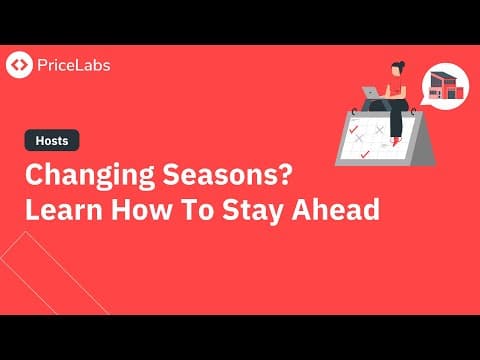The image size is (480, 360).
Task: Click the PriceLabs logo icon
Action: tap(19, 65)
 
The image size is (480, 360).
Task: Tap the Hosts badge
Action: tap(45, 142)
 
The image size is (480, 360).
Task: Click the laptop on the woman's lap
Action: tap(371, 93)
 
